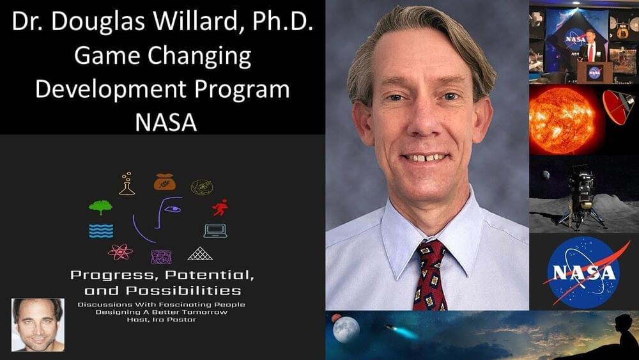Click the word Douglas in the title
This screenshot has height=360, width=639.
coord(98,22)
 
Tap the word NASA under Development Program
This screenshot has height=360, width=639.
coord(166,122)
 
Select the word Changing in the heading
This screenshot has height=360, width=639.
coord(199,57)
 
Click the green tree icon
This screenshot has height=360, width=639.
coord(101,207)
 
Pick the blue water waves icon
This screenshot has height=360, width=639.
coord(101,231)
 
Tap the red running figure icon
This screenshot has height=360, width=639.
coord(220,208)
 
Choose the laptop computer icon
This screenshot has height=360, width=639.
coord(215,231)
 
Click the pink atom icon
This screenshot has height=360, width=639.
coord(120,252)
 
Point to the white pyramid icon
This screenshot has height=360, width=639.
coord(200,253)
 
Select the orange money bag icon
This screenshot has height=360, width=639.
coord(165,182)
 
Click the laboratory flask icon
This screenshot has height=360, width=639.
coord(127,184)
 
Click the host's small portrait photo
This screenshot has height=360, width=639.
coord(38,325)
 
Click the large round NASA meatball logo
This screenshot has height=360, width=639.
coord(584,272)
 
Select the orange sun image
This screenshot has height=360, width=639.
coord(562,120)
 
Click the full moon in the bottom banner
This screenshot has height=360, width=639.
coord(346,329)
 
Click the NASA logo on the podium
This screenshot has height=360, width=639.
coord(594,72)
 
